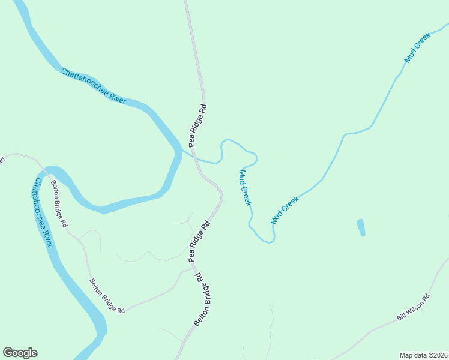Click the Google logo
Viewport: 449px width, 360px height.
point(20,353)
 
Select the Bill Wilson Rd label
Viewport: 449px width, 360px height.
point(414,308)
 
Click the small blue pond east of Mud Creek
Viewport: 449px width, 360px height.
point(361,227)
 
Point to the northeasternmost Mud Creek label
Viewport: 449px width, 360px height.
point(418,49)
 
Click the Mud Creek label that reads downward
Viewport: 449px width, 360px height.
point(245,187)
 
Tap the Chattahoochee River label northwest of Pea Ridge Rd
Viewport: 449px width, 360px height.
point(93,86)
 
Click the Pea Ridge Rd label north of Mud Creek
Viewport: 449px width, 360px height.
point(197,126)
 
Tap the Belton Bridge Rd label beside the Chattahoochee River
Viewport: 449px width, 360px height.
point(59,204)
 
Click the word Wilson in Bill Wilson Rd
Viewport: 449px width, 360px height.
point(415,307)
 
